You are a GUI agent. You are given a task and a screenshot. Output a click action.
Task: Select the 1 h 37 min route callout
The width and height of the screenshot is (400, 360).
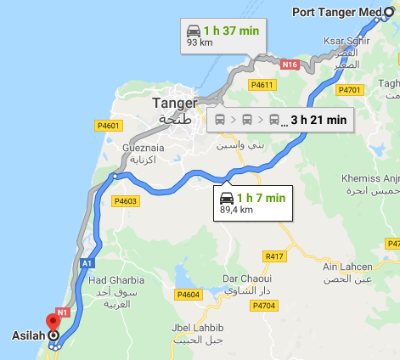point(225,36)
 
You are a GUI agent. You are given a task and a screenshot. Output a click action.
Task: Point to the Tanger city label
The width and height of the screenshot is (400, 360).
point(174,103)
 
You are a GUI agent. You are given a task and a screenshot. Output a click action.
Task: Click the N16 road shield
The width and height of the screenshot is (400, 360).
point(290,64)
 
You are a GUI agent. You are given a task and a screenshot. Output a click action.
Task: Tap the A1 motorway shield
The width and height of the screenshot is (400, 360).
point(87,264)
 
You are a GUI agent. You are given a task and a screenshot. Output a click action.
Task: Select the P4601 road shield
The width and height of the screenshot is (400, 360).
point(105,127)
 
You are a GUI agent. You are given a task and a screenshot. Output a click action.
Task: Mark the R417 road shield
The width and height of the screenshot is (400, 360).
point(274,256)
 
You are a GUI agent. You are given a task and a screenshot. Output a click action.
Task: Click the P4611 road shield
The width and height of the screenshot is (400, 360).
point(262,84)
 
